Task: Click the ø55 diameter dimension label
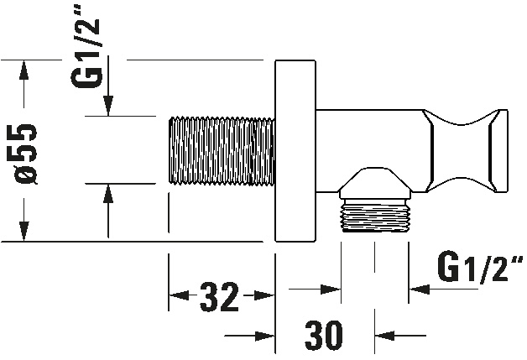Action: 27,154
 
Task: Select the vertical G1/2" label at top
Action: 86,51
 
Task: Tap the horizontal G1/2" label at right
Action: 480,268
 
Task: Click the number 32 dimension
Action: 220,297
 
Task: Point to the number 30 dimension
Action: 324,335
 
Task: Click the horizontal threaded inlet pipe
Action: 222,150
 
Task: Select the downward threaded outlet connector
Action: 376,215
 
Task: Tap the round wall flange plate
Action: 295,150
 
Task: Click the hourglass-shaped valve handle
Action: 466,150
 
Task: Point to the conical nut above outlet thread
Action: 376,183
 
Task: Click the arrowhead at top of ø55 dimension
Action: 23,70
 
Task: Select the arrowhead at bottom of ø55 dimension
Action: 23,232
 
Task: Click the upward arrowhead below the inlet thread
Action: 108,194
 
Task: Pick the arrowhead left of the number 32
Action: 179,295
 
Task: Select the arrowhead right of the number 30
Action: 384,336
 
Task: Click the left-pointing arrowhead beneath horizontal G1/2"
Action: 419,289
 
